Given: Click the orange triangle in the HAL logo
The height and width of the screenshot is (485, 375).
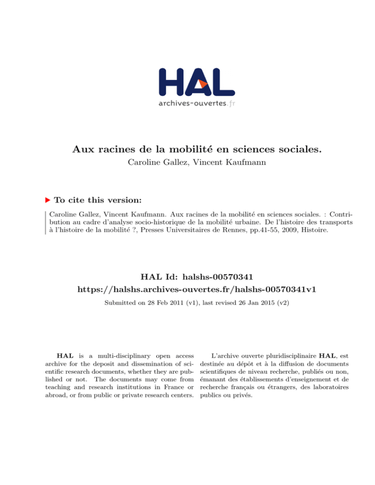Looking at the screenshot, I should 204,84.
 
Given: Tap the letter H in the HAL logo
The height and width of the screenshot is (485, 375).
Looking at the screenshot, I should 173,81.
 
